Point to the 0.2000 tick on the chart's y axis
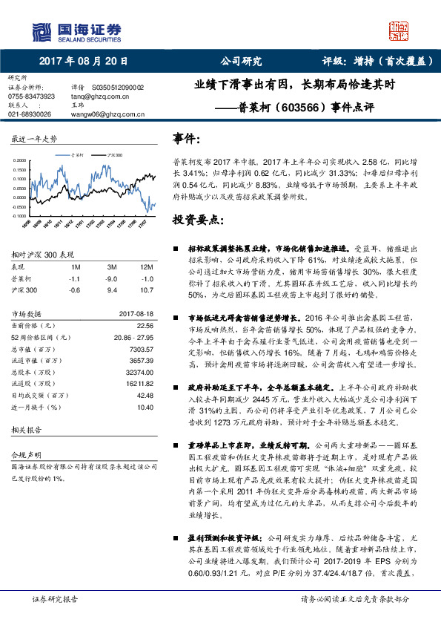pos(22,160)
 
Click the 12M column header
pos(146,266)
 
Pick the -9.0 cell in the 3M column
pos(112,278)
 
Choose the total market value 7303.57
pos(141,348)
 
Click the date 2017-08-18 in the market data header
pos(136,313)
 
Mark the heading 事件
pos(186,139)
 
